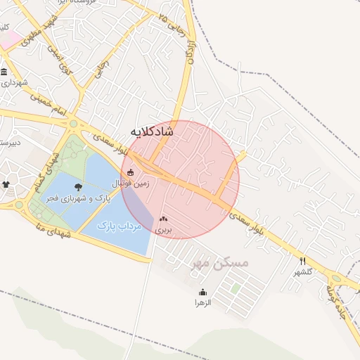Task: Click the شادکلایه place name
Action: (x=152, y=131)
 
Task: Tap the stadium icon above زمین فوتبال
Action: (x=130, y=172)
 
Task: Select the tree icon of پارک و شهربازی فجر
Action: (x=77, y=187)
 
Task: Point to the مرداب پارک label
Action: (x=119, y=226)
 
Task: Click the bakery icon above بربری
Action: (x=164, y=219)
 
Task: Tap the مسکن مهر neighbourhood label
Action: (x=220, y=263)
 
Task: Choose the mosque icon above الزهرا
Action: (x=203, y=292)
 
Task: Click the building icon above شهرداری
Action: (x=4, y=72)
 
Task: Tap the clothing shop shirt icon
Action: (x=6, y=184)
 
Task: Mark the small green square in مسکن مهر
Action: (x=236, y=288)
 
